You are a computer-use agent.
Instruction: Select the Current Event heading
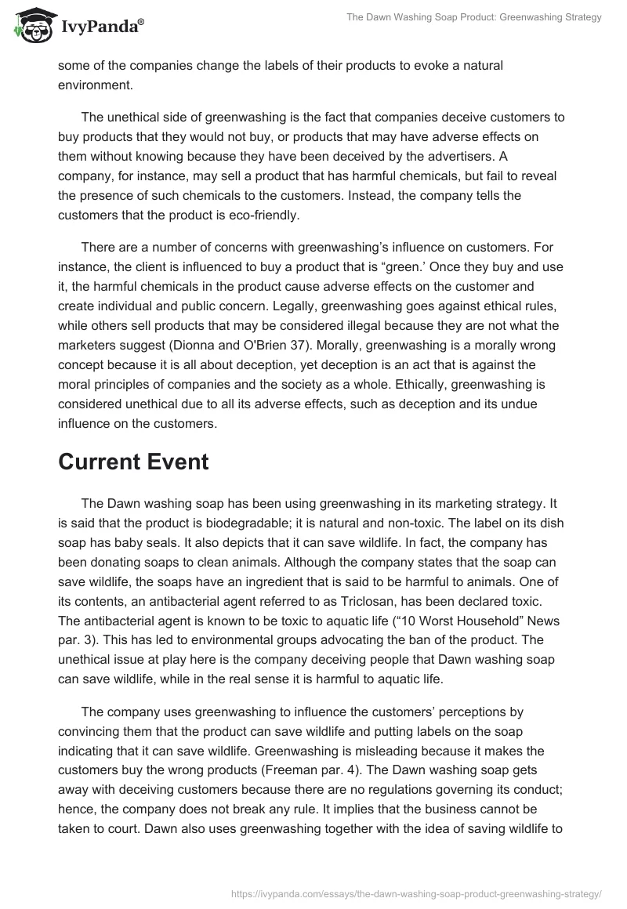tap(133, 462)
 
